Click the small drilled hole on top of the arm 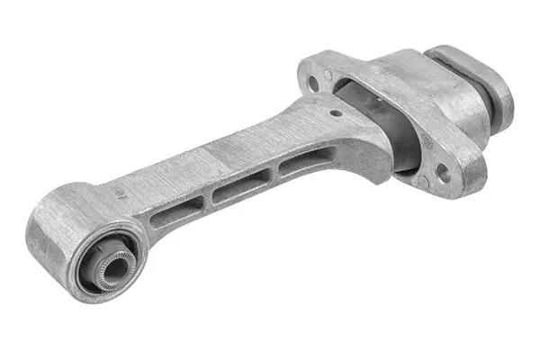tap(335, 113)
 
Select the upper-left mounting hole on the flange tap(313, 83)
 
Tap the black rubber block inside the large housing tap(378, 126)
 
